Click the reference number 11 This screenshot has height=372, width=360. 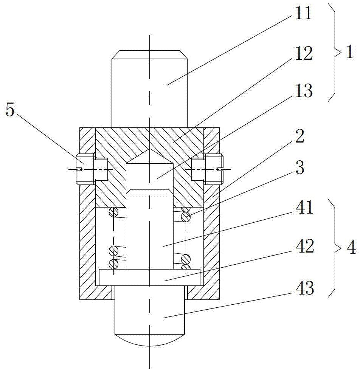303,13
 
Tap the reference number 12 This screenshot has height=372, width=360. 304,53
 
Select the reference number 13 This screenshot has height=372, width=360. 304,91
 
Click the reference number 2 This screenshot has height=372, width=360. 300,136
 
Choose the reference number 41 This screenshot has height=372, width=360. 305,207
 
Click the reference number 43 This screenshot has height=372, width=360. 305,288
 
